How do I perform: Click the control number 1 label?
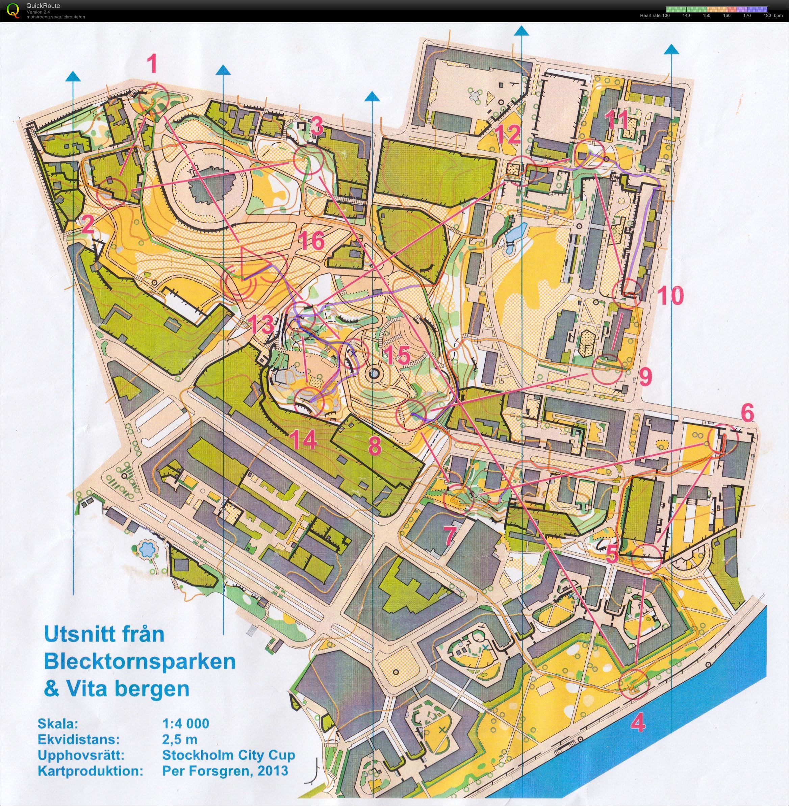(153, 65)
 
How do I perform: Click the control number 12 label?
(509, 135)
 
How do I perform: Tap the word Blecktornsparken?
(139, 661)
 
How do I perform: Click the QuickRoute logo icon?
(13, 10)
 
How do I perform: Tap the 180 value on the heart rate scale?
(767, 15)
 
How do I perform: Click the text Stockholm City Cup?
(228, 755)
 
